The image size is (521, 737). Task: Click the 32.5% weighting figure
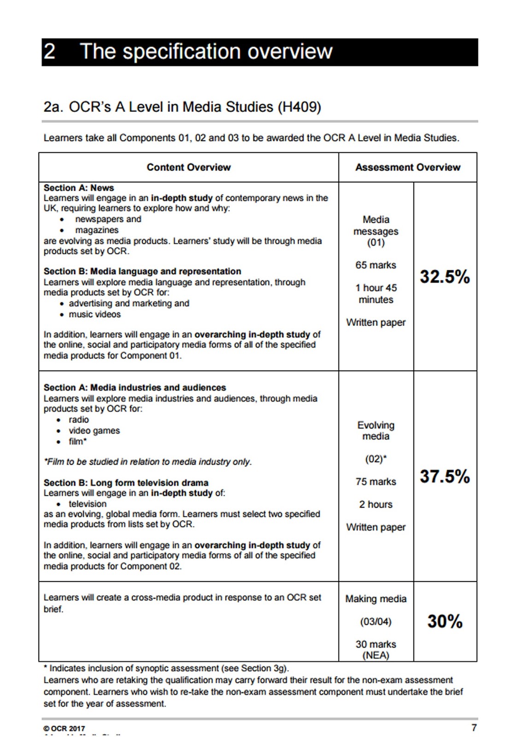click(445, 277)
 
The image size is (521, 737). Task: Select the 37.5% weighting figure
click(445, 476)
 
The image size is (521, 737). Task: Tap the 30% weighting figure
click(445, 621)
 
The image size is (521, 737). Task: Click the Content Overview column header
click(188, 167)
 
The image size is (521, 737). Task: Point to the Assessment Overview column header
click(408, 167)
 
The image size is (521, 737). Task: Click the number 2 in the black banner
click(50, 52)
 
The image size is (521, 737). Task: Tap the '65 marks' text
click(375, 265)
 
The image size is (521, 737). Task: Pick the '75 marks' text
click(375, 482)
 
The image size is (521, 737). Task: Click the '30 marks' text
click(375, 644)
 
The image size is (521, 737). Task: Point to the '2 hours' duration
click(375, 504)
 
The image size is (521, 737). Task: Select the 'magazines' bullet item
click(97, 230)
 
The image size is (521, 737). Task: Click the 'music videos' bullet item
click(94, 315)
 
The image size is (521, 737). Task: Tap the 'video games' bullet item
click(94, 431)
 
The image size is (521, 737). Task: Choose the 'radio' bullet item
click(79, 420)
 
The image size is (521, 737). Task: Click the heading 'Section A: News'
click(79, 188)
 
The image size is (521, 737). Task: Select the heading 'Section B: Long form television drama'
click(126, 483)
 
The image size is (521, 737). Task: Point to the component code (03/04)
click(375, 622)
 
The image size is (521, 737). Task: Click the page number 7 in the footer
click(474, 728)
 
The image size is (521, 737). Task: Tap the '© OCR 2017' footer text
click(64, 729)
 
